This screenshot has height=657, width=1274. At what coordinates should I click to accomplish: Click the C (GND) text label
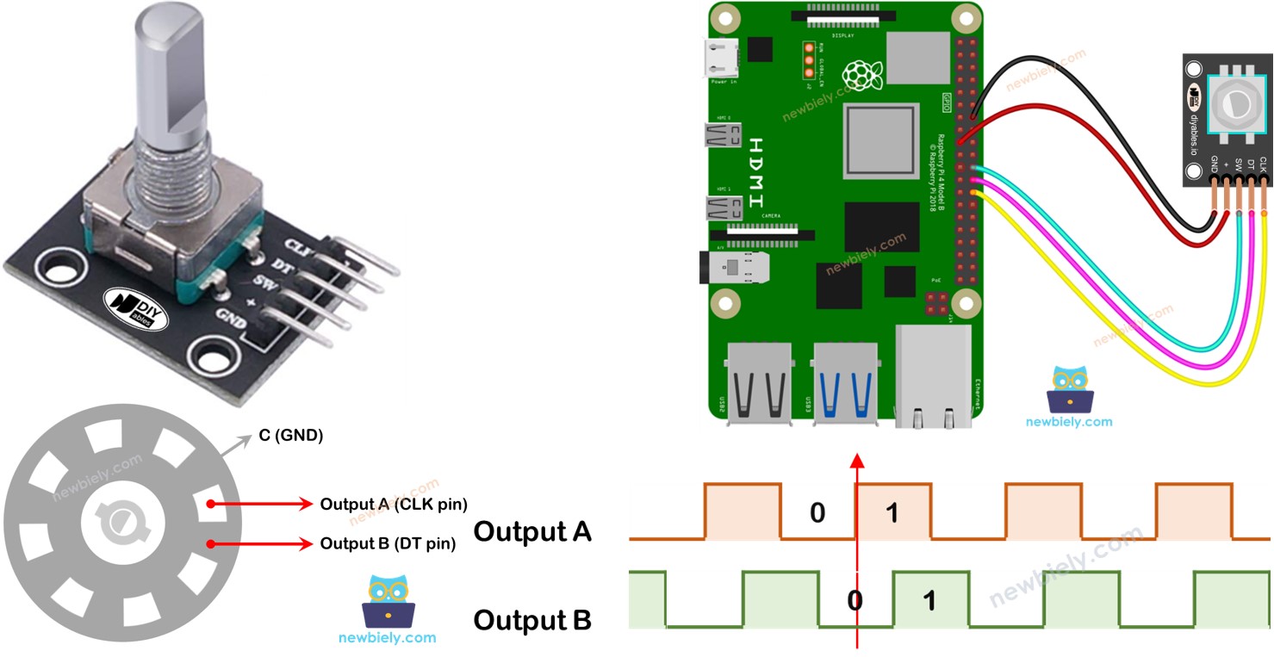click(x=290, y=436)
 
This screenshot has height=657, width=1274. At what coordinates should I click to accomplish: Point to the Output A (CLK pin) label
click(x=393, y=504)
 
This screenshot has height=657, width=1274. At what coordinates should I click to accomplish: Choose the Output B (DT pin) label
click(x=387, y=543)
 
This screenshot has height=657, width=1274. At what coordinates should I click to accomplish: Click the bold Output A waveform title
click(x=532, y=531)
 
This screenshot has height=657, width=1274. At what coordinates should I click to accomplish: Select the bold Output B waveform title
click(x=532, y=619)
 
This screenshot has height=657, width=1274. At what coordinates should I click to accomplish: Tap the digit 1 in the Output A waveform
click(x=892, y=513)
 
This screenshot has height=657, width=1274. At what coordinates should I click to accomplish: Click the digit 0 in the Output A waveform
click(x=817, y=513)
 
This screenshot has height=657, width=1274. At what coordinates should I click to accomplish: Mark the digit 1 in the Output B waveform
click(x=929, y=600)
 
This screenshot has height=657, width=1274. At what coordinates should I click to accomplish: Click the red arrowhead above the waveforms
click(x=856, y=461)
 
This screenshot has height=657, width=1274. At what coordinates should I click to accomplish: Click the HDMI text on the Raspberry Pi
click(x=756, y=172)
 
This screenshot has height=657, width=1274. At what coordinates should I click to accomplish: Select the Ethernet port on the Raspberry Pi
click(x=933, y=375)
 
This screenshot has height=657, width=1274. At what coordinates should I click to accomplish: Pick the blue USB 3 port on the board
click(x=845, y=384)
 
